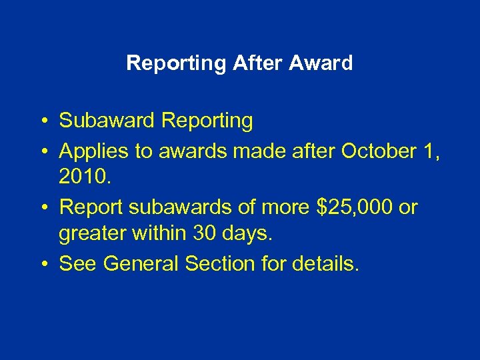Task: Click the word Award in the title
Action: point(322,63)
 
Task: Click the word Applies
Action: point(93,151)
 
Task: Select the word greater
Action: point(93,235)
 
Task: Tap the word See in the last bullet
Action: point(79,264)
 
